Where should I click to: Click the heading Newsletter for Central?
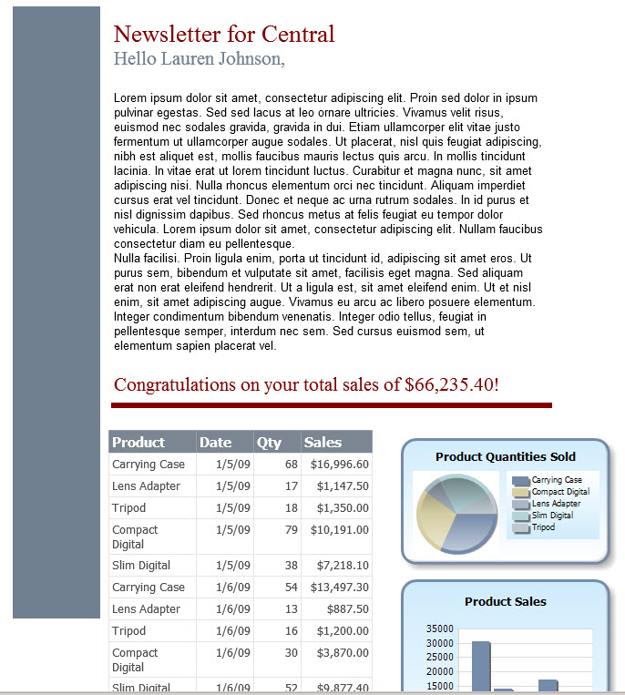(224, 35)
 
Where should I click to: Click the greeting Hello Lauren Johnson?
(199, 59)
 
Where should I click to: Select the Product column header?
(138, 443)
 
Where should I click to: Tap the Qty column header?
(269, 443)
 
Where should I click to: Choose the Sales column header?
(323, 443)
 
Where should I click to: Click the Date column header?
(216, 443)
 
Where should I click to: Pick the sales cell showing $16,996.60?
(339, 465)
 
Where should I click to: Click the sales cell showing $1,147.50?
(343, 486)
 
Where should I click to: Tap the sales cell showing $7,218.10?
(343, 566)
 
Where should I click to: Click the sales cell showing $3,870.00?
(343, 653)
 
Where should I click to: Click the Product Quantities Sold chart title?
(506, 457)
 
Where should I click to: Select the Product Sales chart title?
(506, 602)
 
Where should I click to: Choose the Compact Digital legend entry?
(559, 492)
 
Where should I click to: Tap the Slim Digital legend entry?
(552, 516)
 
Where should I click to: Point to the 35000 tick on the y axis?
(439, 629)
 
